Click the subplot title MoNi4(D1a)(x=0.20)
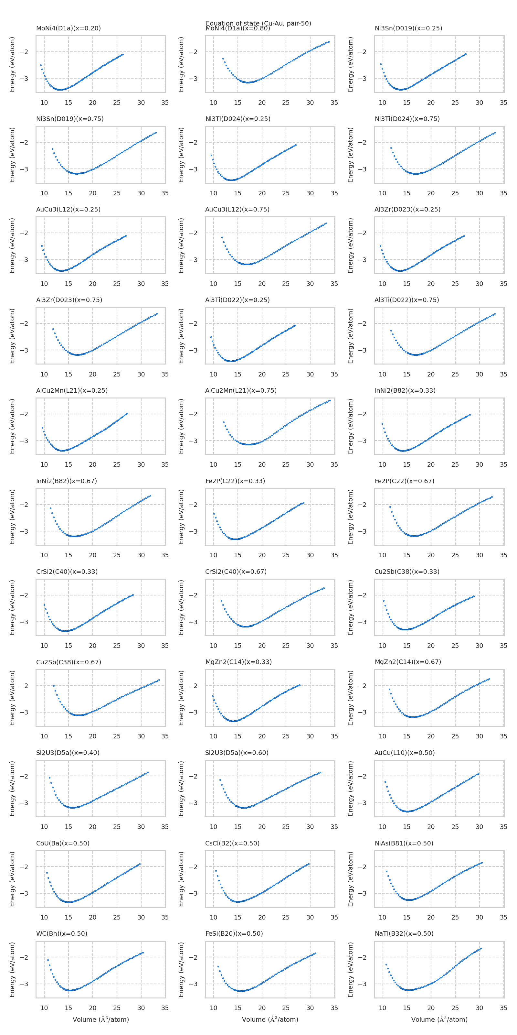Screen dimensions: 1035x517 [x=68, y=28]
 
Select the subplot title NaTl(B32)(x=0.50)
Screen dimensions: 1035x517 [x=404, y=933]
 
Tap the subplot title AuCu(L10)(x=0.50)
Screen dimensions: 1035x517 [x=404, y=753]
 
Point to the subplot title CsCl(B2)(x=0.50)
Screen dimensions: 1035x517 [x=232, y=843]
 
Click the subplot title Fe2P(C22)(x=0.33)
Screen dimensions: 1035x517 [x=235, y=481]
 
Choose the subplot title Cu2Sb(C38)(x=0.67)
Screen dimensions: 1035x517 [x=68, y=662]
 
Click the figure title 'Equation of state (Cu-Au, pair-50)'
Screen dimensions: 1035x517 [x=258, y=23]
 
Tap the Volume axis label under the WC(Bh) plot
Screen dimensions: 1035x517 [x=100, y=1019]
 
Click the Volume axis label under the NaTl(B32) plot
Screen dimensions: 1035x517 [x=439, y=1019]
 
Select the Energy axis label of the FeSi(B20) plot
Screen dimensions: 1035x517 [x=181, y=969]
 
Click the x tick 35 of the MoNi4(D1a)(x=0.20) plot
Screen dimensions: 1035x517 [x=165, y=103]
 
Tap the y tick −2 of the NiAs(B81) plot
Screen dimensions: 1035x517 [x=362, y=867]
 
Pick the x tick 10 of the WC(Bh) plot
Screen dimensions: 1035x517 [x=44, y=1008]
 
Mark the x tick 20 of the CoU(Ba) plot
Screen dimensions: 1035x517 [x=92, y=917]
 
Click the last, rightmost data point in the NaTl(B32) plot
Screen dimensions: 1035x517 [x=480, y=948]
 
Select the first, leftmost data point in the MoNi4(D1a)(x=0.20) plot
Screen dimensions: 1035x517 [x=40, y=65]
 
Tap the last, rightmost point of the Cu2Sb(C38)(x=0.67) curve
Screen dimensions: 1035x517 [x=159, y=680]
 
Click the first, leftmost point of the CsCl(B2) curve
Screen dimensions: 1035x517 [x=216, y=871]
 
